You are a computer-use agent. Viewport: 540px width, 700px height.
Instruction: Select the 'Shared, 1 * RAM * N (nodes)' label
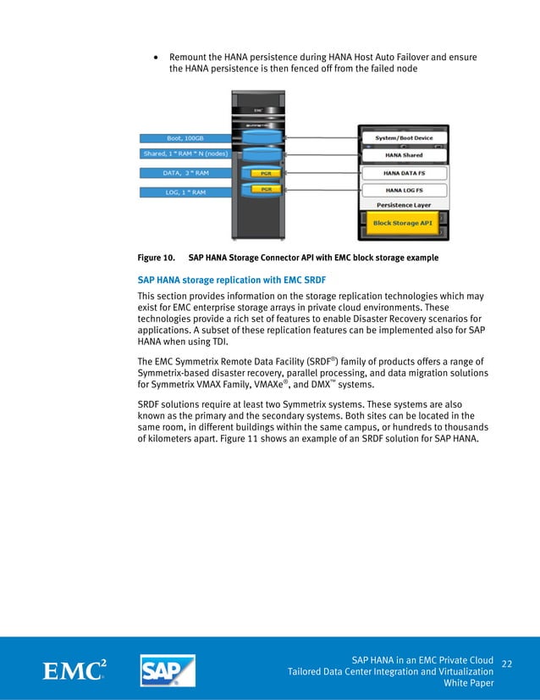pyautogui.click(x=184, y=153)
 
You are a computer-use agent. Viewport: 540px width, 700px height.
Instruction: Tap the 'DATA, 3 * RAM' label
pyautogui.click(x=184, y=173)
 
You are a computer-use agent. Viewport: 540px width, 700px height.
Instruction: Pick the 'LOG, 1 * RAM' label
pyautogui.click(x=184, y=192)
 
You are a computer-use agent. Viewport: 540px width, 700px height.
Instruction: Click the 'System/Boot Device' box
pyautogui.click(x=404, y=138)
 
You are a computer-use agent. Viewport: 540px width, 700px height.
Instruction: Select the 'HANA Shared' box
pyautogui.click(x=404, y=154)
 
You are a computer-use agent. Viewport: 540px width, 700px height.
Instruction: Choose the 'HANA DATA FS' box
pyautogui.click(x=404, y=172)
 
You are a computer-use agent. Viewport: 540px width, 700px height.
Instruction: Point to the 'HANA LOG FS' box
pyautogui.click(x=404, y=190)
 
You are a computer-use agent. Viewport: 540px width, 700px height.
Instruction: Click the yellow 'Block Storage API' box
pyautogui.click(x=403, y=224)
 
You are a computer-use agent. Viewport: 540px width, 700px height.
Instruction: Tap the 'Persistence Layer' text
pyautogui.click(x=404, y=205)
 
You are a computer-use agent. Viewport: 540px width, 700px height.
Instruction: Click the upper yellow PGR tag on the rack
pyautogui.click(x=265, y=172)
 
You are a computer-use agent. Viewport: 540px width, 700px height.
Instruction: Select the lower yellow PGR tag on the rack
pyautogui.click(x=265, y=188)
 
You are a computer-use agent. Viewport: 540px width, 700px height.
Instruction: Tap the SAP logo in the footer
pyautogui.click(x=168, y=669)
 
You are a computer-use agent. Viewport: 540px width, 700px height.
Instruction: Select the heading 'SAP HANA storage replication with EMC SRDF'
pyautogui.click(x=231, y=279)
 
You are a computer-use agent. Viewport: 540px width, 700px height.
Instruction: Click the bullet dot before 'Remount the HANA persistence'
pyautogui.click(x=156, y=58)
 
